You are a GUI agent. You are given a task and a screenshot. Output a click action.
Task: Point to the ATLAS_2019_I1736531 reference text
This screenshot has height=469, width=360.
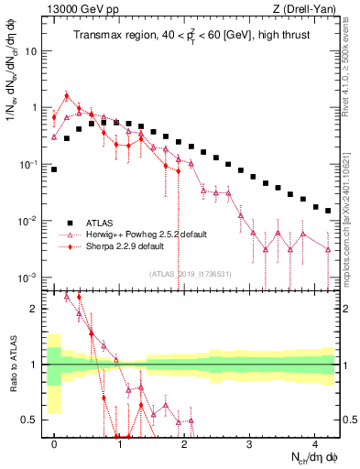[x=190, y=273]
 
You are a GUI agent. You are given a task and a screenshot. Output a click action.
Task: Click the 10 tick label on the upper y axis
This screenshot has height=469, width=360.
[x=30, y=50]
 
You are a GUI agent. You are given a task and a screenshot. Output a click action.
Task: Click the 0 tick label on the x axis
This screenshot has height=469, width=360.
[x=55, y=442]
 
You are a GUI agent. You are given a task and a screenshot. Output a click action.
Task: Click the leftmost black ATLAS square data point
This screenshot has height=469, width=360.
[x=54, y=169]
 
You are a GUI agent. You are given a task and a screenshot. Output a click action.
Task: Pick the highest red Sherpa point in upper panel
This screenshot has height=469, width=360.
[x=67, y=95]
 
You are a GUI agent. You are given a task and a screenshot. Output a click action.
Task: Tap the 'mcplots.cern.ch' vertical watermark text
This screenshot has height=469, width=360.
[x=351, y=229]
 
